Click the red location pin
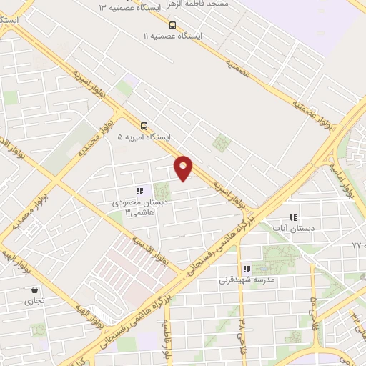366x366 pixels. pos(184,168)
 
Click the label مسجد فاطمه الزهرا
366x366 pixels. pos(202,4)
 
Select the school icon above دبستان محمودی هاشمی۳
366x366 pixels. pos(140,191)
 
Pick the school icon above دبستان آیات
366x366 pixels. pos(292,217)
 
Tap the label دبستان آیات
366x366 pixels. pos(289,228)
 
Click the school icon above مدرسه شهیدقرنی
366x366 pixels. pos(247,269)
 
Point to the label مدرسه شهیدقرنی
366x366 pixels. pos(245,281)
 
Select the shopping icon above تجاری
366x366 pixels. pos(34,290)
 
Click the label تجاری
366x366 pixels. pos(34,302)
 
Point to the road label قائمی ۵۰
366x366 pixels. pos(312,304)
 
